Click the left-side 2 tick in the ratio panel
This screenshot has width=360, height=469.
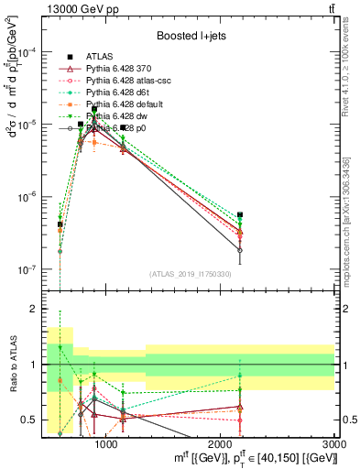click(33, 310)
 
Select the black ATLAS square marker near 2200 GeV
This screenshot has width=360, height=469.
click(240, 215)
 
